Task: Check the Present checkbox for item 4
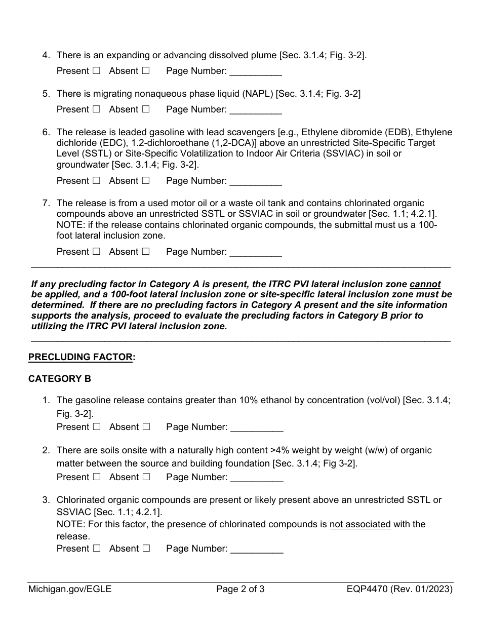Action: click(96, 71)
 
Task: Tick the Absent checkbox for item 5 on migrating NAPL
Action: click(146, 109)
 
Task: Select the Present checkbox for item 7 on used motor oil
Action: click(96, 252)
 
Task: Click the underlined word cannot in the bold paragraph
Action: click(425, 284)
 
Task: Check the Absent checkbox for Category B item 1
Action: click(146, 427)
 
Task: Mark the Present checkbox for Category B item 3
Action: click(96, 549)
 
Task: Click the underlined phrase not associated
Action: click(360, 524)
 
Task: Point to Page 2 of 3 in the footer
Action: click(240, 589)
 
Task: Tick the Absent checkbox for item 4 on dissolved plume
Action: click(146, 71)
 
